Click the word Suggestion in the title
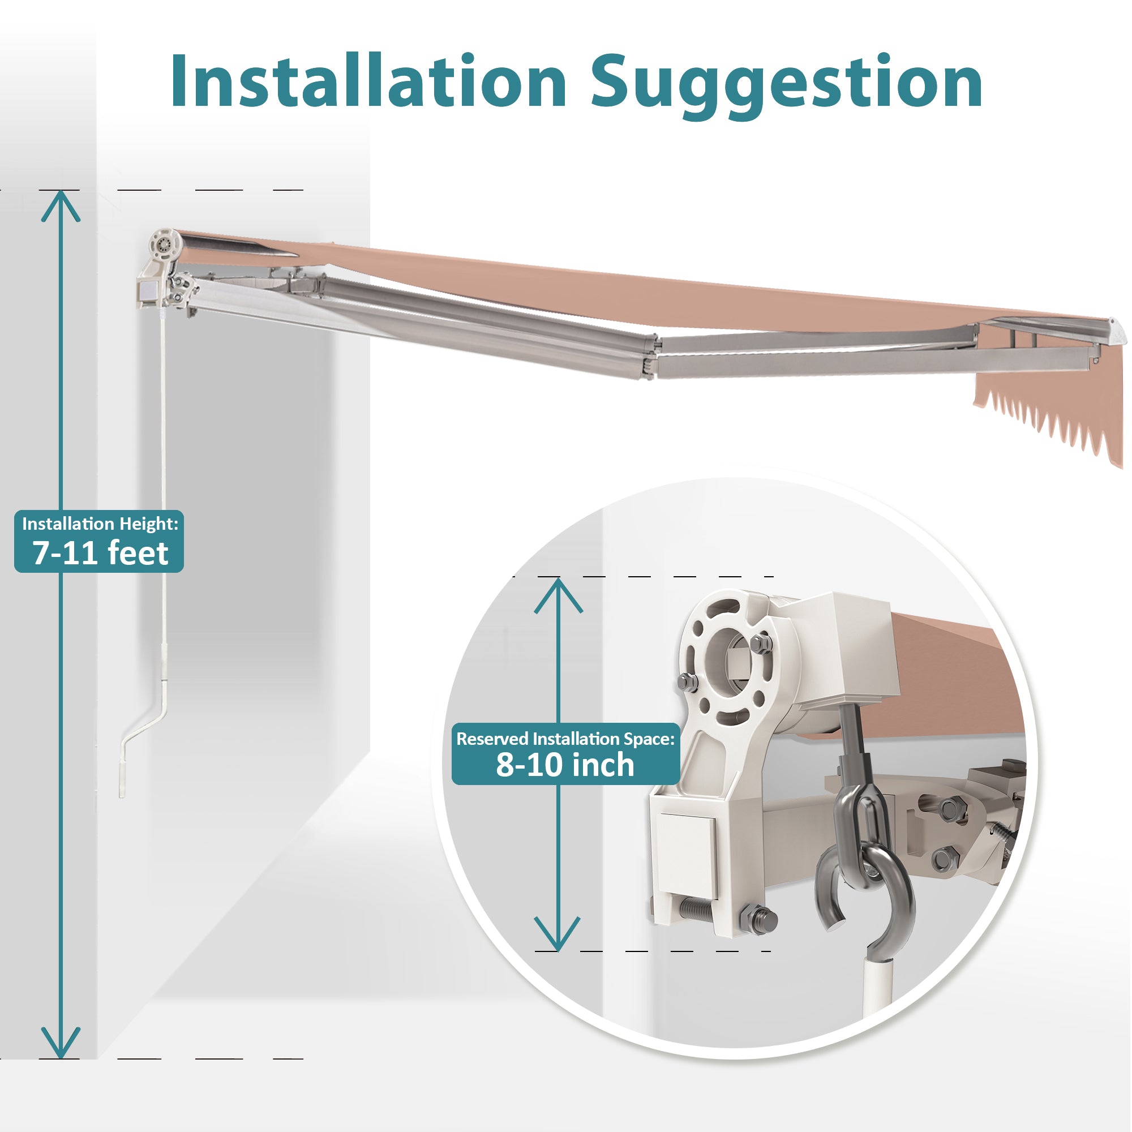click(x=786, y=87)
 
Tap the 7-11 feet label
click(x=100, y=553)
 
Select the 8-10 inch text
click(x=565, y=765)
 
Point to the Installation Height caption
click(x=100, y=523)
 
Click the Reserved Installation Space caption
click(x=565, y=739)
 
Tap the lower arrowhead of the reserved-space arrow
click(x=557, y=934)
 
